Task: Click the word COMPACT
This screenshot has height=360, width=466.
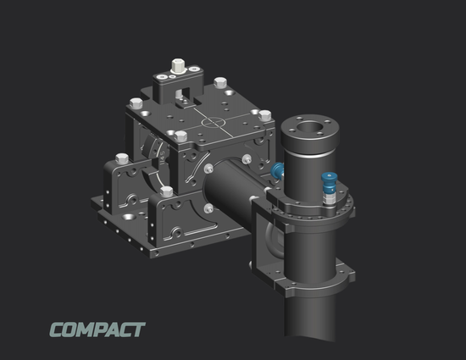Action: pyautogui.click(x=97, y=330)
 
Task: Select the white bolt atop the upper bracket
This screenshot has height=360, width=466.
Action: pyautogui.click(x=178, y=65)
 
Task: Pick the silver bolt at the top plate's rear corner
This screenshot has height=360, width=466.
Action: pyautogui.click(x=221, y=83)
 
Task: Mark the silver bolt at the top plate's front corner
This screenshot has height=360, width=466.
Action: pyautogui.click(x=180, y=137)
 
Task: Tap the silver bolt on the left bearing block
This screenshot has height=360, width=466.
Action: pyautogui.click(x=120, y=158)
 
